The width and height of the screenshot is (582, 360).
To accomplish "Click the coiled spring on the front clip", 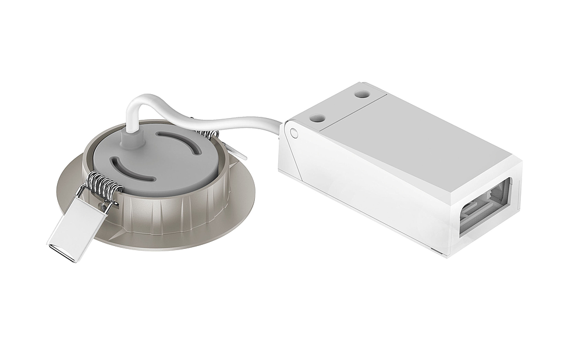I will [x=104, y=186].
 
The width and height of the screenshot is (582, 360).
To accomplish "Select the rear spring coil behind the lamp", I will [x=207, y=134].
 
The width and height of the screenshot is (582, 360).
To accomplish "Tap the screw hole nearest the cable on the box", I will [x=317, y=118].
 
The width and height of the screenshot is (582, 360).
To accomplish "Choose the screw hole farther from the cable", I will [x=362, y=92].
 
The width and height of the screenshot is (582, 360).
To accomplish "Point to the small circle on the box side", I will [x=294, y=133].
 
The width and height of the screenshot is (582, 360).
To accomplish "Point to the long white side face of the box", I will [x=372, y=186].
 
